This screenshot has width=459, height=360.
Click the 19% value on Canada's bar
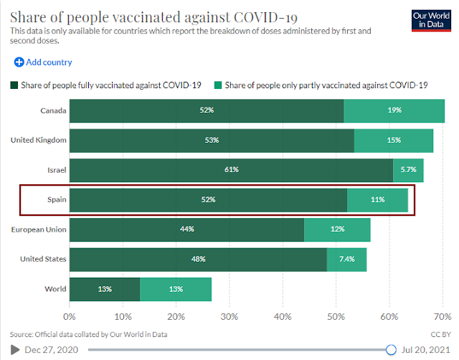coord(394,111)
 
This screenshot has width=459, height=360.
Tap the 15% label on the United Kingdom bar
coord(393,140)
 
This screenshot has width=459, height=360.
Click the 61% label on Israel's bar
coord(231,170)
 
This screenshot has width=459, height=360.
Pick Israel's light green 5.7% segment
coord(408,170)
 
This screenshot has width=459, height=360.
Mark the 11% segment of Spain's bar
coord(377,199)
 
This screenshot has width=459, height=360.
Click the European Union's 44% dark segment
coord(186,229)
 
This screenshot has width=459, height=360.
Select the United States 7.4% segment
coord(346,259)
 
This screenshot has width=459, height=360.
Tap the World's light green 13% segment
coord(176,289)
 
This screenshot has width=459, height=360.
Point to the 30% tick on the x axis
coord(229,316)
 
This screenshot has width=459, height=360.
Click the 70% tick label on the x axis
coord(443,316)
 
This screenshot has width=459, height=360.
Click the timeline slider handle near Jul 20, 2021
coord(391,349)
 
